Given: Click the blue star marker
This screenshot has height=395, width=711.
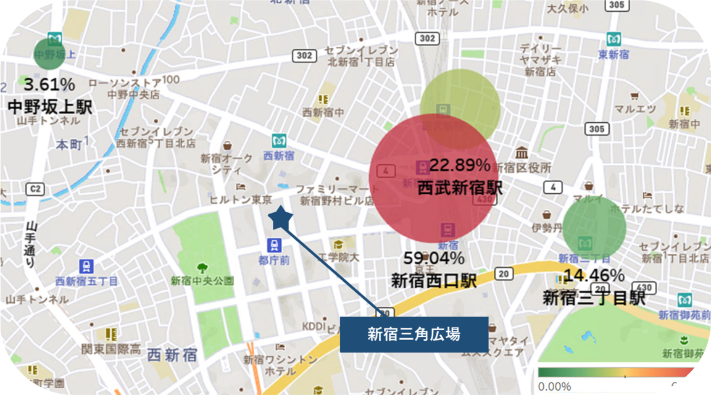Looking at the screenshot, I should click(281, 217).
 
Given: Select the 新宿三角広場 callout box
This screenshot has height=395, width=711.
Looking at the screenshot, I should click(414, 335).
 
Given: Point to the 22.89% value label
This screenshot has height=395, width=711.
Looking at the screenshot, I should click(460, 165).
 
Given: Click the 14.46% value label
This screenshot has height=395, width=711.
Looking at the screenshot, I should click(594, 276).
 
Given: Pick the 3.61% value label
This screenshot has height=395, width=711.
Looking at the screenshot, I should click(49, 85).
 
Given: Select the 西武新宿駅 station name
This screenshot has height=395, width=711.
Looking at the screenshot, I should click(460, 188).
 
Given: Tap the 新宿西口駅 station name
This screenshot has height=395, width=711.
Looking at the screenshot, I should click(434, 281).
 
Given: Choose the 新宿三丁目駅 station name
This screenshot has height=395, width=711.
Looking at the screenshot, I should click(594, 298).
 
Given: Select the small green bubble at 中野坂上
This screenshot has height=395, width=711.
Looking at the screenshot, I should click(49, 54).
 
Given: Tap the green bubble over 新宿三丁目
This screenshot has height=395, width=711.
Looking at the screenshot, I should click(594, 227).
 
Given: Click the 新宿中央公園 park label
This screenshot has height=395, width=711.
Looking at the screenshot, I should click(202, 281).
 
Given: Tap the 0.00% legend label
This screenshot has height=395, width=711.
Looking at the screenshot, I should click(554, 386).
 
